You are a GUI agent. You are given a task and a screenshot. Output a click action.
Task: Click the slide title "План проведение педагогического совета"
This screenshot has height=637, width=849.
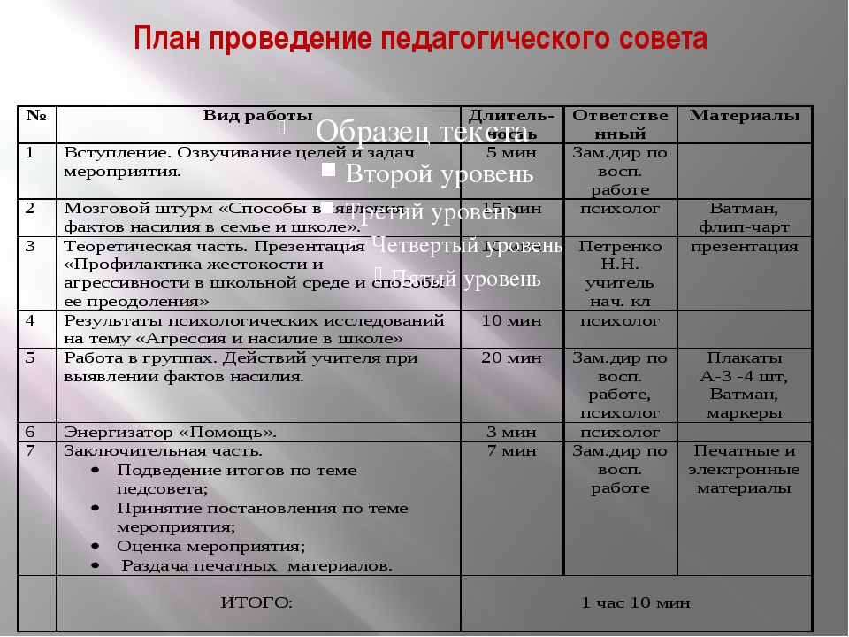(x=421, y=40)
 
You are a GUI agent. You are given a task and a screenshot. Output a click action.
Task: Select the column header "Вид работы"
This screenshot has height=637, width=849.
(x=257, y=116)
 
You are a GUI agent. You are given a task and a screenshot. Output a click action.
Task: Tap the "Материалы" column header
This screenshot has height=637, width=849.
(x=744, y=116)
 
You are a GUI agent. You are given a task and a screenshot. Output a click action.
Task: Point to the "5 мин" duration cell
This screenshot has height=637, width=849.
(x=512, y=152)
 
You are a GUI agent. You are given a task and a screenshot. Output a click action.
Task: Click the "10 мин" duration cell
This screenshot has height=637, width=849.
(x=512, y=320)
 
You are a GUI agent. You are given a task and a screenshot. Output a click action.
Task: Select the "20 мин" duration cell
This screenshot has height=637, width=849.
(x=512, y=358)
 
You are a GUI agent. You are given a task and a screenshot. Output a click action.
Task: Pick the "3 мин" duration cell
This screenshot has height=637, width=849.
(x=512, y=433)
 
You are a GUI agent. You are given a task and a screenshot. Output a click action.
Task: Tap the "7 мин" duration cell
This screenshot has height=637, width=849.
(x=512, y=451)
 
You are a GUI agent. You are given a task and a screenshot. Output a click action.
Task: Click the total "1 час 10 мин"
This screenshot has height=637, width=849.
(x=635, y=603)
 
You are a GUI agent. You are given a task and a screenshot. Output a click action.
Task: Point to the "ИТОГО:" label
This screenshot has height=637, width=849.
(x=256, y=603)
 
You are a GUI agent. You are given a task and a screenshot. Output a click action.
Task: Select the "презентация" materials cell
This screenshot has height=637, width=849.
(x=744, y=247)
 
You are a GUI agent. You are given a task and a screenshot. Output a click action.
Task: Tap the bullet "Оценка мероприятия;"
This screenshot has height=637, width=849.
(x=210, y=546)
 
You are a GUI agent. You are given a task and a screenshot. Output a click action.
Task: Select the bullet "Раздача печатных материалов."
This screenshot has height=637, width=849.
(x=256, y=565)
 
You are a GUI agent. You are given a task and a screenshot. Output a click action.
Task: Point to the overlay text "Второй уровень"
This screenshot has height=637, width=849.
(x=439, y=174)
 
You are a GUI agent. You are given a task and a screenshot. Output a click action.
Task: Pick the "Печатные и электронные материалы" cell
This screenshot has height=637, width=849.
(x=744, y=470)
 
